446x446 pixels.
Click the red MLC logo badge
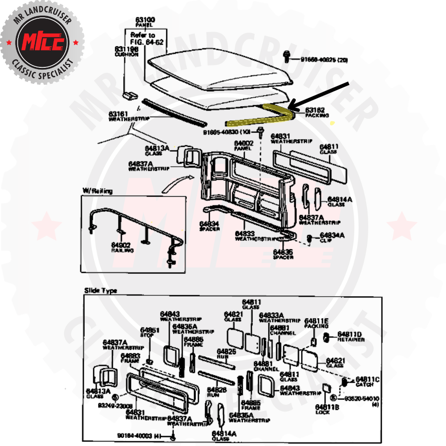pyautogui.click(x=42, y=42)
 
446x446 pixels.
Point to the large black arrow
pyautogui.click(x=319, y=95)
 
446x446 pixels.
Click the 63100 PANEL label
pyautogui.click(x=145, y=22)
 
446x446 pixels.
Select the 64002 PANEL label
pyautogui.click(x=244, y=145)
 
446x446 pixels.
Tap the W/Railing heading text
pyautogui.click(x=97, y=191)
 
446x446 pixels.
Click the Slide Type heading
pyautogui.click(x=100, y=291)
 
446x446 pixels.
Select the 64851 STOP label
pyautogui.click(x=149, y=332)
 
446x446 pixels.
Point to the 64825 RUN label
pyautogui.click(x=226, y=354)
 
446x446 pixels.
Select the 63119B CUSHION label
pyautogui.click(x=127, y=51)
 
